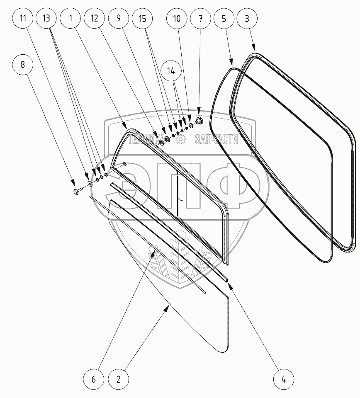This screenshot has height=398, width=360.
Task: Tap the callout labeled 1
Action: click(71, 19)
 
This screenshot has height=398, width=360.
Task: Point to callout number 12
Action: click(95, 19)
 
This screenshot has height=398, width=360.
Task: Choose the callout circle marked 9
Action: click(119, 19)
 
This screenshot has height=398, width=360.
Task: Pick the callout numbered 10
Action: click(176, 19)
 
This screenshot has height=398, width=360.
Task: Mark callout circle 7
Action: click(201, 19)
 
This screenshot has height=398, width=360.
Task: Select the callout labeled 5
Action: click(224, 19)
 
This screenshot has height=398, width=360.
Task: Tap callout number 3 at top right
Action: click(248, 19)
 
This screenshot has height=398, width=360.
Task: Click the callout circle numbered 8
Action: click(23, 65)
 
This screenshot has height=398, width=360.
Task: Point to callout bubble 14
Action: click(172, 71)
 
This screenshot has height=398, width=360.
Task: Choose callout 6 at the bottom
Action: click(94, 379)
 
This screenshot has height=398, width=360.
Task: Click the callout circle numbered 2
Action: click(119, 379)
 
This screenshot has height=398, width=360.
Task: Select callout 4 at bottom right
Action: click(283, 379)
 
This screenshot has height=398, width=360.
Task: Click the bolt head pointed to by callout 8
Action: click(76, 191)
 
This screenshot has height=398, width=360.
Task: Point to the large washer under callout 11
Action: click(90, 183)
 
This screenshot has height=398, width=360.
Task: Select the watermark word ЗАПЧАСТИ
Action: click(217, 140)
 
